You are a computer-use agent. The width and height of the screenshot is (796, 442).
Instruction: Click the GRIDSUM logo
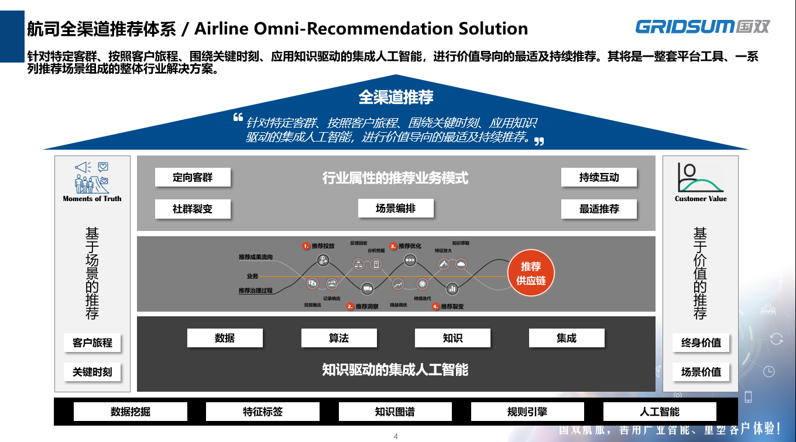pyautogui.click(x=702, y=26)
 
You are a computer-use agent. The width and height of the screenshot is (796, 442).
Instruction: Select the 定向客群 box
pyautogui.click(x=193, y=177)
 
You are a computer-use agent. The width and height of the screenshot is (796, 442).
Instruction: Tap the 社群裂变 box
pyautogui.click(x=193, y=209)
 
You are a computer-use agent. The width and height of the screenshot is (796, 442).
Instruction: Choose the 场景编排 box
pyautogui.click(x=396, y=208)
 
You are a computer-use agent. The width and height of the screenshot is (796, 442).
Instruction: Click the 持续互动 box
pyautogui.click(x=599, y=177)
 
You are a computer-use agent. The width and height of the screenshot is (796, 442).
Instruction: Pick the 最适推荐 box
pyautogui.click(x=599, y=209)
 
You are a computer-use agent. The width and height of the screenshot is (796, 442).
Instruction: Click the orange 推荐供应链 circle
pyautogui.click(x=530, y=274)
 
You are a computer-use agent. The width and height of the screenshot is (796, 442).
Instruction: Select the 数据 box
pyautogui.click(x=225, y=338)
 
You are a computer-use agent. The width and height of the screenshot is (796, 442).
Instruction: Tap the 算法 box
pyautogui.click(x=339, y=338)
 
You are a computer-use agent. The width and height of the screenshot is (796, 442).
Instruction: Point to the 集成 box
pyautogui.click(x=567, y=338)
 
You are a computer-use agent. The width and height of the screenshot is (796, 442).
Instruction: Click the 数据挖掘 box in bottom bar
pyautogui.click(x=131, y=412)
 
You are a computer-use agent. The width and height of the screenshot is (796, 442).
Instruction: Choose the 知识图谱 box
pyautogui.click(x=395, y=412)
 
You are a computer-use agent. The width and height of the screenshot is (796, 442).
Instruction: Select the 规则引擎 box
pyautogui.click(x=527, y=412)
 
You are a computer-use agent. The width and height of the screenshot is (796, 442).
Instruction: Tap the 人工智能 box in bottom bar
pyautogui.click(x=660, y=412)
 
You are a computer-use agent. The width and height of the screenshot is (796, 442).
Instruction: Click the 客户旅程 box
pyautogui.click(x=92, y=343)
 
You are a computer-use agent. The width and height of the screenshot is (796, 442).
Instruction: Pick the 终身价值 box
pyautogui.click(x=701, y=343)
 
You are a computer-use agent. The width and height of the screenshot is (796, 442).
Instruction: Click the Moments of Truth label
pyautogui.click(x=92, y=199)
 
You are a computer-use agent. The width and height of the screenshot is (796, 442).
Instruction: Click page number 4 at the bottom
pyautogui.click(x=396, y=436)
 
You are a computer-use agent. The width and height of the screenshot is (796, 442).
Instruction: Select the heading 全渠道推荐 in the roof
pyautogui.click(x=396, y=97)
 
